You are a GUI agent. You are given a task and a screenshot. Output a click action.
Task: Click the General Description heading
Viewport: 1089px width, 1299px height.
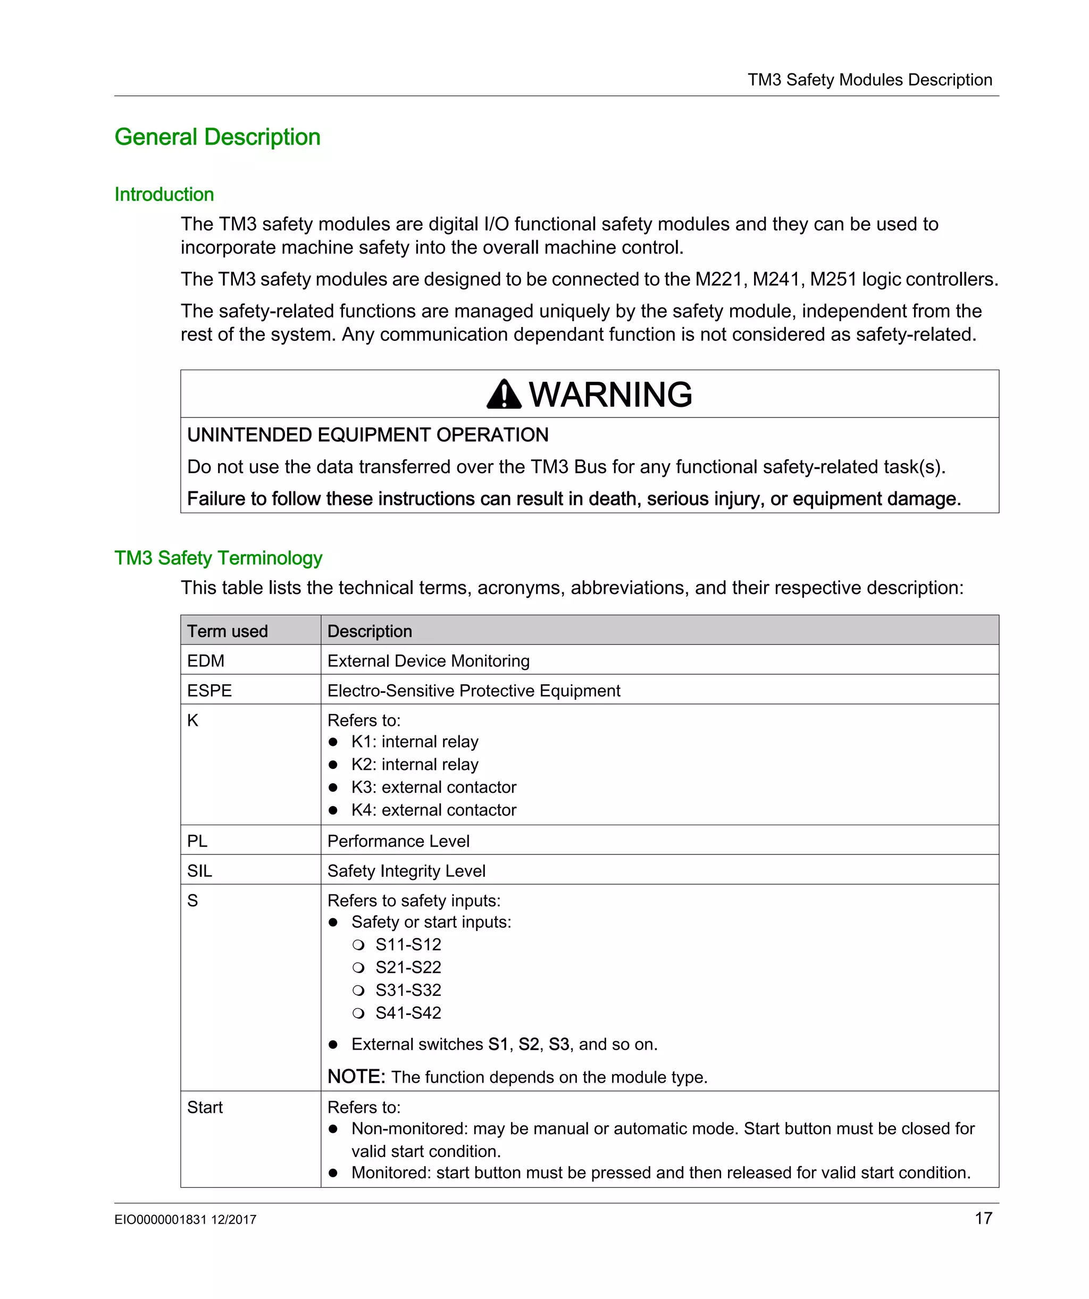click(x=217, y=137)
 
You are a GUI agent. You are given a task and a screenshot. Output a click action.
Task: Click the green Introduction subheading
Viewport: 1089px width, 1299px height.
click(x=164, y=194)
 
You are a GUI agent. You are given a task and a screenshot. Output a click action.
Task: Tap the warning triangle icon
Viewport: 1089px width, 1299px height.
click(x=504, y=395)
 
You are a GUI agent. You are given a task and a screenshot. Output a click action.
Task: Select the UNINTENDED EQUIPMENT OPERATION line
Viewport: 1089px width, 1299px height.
click(x=367, y=435)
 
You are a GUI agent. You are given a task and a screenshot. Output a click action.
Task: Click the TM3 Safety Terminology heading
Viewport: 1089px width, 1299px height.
click(x=218, y=558)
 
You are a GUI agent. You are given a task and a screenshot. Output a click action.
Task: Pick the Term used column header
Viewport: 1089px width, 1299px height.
click(x=227, y=631)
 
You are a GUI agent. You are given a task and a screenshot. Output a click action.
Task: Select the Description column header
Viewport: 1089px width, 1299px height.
click(x=370, y=631)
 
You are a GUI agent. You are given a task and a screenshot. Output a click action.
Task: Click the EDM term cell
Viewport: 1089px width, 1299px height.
click(x=205, y=660)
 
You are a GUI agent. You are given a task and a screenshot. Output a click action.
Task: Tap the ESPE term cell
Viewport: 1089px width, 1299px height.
click(x=209, y=690)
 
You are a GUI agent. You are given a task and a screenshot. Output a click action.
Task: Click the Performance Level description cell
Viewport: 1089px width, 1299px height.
click(x=398, y=841)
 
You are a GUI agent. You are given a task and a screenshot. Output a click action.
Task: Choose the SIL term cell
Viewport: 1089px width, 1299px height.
click(x=199, y=871)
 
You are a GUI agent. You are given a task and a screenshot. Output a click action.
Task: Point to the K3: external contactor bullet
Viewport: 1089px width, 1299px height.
click(x=433, y=787)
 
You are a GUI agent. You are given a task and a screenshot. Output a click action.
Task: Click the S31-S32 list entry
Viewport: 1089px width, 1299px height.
click(x=408, y=990)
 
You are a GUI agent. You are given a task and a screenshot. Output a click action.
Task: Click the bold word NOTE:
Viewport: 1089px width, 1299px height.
click(x=356, y=1077)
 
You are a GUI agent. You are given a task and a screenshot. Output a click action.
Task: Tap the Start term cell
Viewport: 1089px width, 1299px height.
click(x=205, y=1107)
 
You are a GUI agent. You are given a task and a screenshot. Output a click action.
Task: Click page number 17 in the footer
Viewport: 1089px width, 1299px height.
click(x=983, y=1219)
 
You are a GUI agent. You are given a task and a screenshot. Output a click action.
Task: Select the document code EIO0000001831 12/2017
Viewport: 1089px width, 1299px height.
click(x=185, y=1220)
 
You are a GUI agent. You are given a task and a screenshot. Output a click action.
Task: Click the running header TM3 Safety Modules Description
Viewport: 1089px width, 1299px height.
click(x=869, y=80)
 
